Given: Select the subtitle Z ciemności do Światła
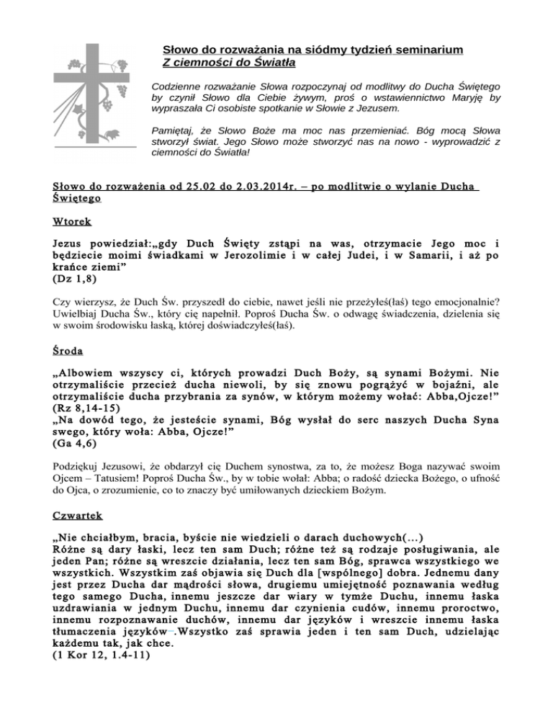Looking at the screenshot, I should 217,63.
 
